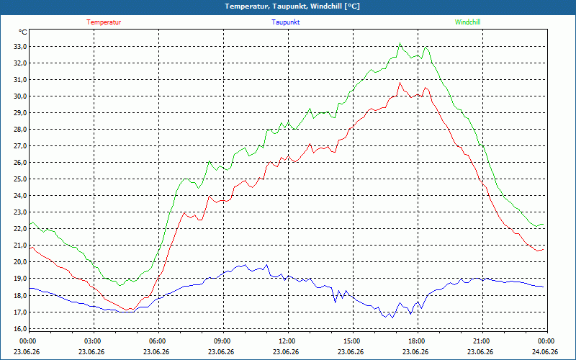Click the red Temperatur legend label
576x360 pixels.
click(104, 22)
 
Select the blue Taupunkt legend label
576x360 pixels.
click(285, 22)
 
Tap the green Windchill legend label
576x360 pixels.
click(467, 22)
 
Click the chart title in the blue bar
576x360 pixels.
click(292, 6)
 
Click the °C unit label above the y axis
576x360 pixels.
click(22, 32)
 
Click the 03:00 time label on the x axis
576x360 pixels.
click(93, 341)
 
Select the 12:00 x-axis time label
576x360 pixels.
click(287, 341)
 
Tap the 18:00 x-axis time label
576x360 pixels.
click(417, 341)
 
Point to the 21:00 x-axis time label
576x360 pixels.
click(482, 341)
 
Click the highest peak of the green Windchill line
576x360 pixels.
click(400, 43)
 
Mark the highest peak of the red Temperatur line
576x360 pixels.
click(400, 83)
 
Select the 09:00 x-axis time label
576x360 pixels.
click(222, 341)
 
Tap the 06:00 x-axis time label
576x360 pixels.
click(158, 341)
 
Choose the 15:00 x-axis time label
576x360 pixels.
click(352, 341)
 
